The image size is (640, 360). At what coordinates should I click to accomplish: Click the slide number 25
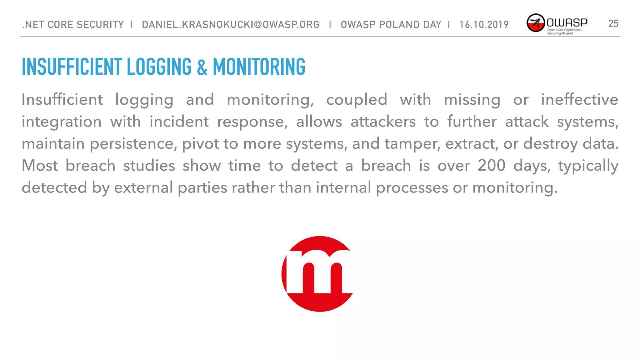(x=613, y=24)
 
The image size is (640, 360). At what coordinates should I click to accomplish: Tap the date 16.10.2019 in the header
(x=484, y=24)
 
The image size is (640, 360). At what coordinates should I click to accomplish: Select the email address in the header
(x=231, y=24)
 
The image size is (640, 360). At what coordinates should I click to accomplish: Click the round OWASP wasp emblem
(x=536, y=23)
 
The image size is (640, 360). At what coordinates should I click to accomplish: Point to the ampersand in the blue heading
(x=202, y=67)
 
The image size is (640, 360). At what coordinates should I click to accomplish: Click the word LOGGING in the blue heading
(x=159, y=67)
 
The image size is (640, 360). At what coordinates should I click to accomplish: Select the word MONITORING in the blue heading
(x=259, y=67)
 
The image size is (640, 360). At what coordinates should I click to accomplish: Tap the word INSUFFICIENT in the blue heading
(x=72, y=67)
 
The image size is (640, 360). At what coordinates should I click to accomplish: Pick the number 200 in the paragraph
(x=491, y=165)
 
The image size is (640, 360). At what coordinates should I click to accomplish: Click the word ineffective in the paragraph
(x=579, y=100)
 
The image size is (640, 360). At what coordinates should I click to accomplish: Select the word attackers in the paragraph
(x=383, y=122)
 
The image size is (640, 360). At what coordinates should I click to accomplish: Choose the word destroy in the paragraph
(x=550, y=144)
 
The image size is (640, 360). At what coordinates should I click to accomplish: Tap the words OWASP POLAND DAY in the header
(x=391, y=24)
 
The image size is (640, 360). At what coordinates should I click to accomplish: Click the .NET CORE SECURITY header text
(x=73, y=24)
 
